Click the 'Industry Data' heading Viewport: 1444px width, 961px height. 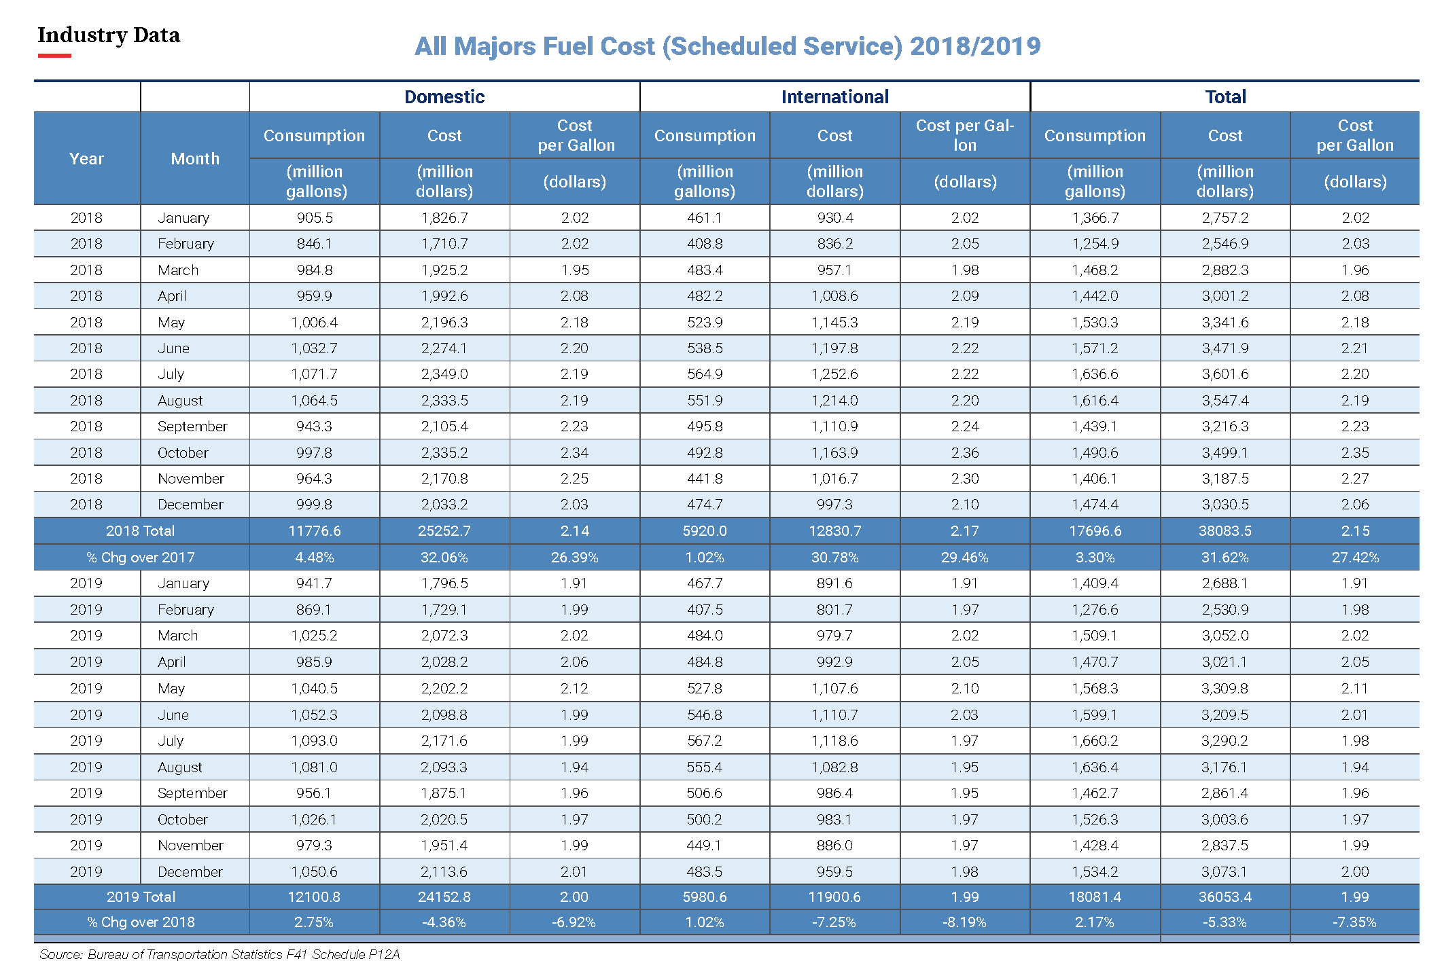[x=109, y=35]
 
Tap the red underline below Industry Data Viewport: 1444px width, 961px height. [x=54, y=56]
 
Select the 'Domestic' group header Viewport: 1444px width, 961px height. [x=444, y=97]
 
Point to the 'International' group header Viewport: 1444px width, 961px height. [x=835, y=97]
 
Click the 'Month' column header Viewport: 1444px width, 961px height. [x=195, y=159]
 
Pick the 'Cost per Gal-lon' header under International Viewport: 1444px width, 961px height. [x=965, y=135]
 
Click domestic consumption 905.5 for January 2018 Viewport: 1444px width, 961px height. [x=315, y=218]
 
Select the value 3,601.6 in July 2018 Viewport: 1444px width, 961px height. [x=1225, y=374]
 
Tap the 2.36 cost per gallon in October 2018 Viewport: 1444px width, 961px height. [x=965, y=453]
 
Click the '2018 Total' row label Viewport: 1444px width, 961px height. [x=141, y=531]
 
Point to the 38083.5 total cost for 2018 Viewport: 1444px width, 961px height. [x=1225, y=531]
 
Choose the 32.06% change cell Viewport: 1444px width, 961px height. [x=444, y=558]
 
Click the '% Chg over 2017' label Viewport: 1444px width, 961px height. [x=141, y=558]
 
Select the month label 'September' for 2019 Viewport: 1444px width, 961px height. [x=192, y=793]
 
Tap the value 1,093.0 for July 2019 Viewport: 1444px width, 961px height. [x=315, y=741]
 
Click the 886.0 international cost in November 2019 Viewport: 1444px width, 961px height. [x=834, y=846]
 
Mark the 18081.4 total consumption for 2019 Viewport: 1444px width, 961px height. [x=1095, y=897]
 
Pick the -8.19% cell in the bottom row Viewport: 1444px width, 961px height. [x=965, y=922]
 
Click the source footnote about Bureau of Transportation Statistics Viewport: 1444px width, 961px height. [x=219, y=954]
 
